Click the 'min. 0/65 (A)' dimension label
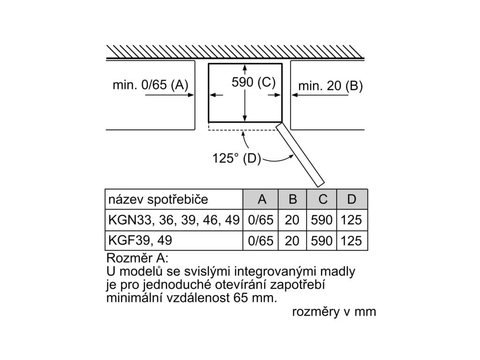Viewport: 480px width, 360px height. tap(150, 85)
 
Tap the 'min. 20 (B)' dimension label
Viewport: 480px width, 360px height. tap(330, 86)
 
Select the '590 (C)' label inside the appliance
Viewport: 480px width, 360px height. tap(254, 82)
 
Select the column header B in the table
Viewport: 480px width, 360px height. tap(292, 199)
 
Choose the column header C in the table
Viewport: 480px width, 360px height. tap(322, 199)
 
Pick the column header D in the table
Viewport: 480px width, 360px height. tap(352, 199)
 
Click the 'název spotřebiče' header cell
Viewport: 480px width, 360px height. tap(158, 199)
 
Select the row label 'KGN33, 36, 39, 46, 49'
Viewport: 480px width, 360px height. tap(174, 220)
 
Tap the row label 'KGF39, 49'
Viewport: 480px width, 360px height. tap(140, 240)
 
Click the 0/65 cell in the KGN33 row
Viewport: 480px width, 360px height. tap(261, 220)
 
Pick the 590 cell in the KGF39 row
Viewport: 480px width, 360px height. tap(322, 241)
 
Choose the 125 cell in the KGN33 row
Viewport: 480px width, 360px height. tap(352, 220)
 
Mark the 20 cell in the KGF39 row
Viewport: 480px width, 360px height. tap(292, 241)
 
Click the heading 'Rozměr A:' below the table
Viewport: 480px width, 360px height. tap(137, 258)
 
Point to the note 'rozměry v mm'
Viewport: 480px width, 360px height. tap(334, 312)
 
